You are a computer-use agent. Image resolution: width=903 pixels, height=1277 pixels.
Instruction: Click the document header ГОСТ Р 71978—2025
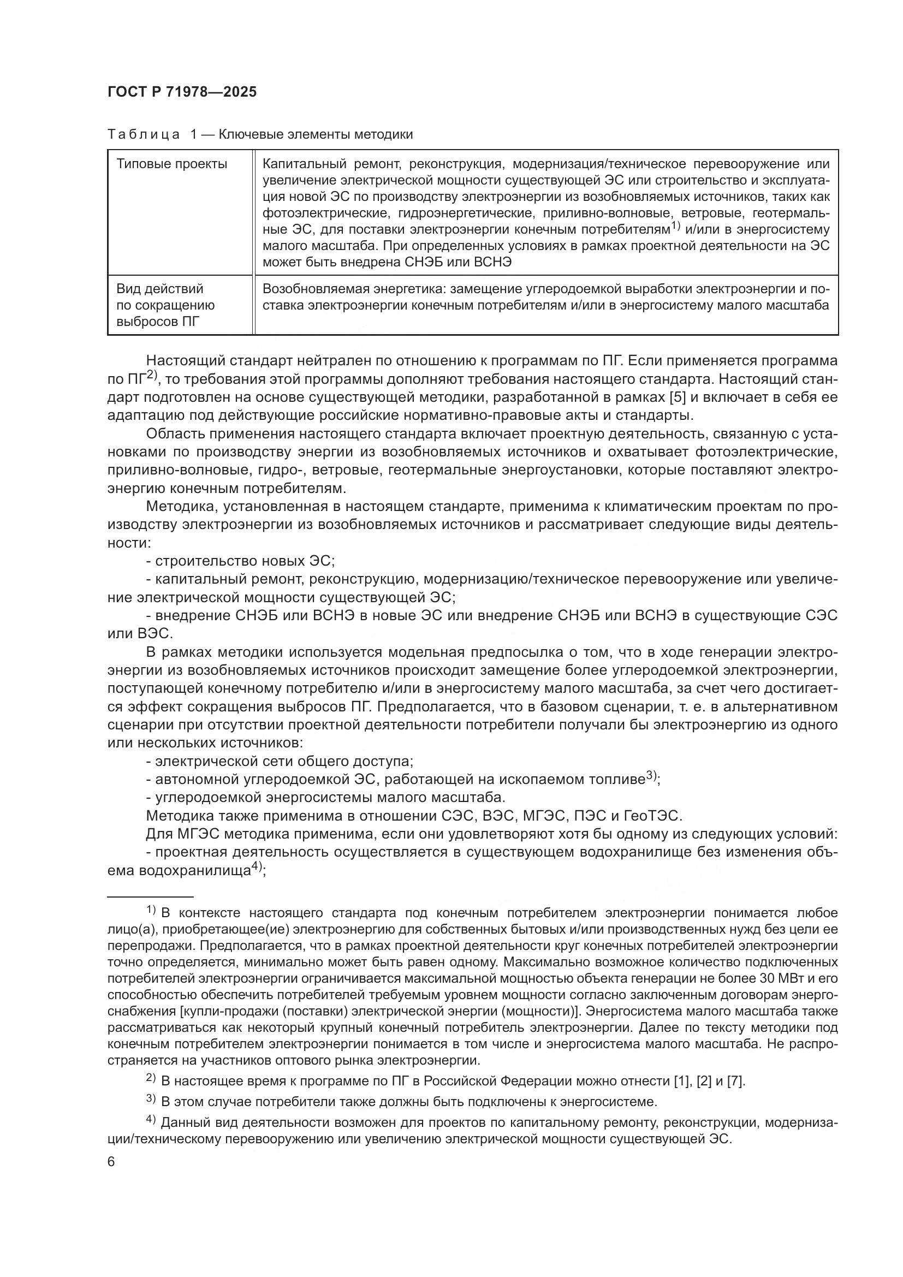coord(182,92)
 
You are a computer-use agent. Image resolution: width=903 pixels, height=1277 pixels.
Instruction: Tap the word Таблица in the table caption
coord(144,135)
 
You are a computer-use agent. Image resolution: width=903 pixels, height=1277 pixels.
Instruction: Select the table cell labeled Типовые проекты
coord(172,164)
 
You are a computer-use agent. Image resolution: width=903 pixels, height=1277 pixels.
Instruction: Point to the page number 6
coord(111,1162)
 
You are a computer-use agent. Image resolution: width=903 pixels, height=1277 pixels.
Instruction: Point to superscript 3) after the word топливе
coord(652,776)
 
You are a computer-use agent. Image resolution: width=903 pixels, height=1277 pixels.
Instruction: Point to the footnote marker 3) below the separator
coord(151,1099)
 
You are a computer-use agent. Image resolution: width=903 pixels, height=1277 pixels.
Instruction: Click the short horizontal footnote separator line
coord(150,897)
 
